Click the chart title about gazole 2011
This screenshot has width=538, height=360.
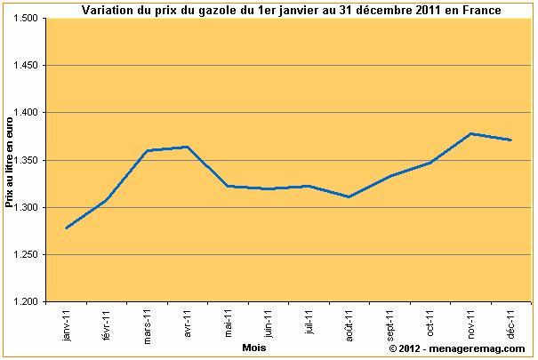tap(291, 10)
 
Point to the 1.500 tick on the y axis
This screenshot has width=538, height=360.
tap(28, 19)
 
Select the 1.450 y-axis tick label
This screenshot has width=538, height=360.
tap(28, 66)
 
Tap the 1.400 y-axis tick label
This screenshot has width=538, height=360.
tap(28, 113)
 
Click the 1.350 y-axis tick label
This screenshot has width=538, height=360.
tap(28, 160)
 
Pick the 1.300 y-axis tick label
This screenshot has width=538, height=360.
tap(28, 207)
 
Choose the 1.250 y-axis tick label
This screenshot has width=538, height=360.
tap(28, 254)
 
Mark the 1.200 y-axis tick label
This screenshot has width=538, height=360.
tap(28, 302)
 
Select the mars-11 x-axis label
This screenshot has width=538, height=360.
tap(147, 327)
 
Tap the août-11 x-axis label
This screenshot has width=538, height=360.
tap(349, 326)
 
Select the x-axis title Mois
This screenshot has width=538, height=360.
tap(254, 348)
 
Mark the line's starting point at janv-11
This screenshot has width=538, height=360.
tap(67, 228)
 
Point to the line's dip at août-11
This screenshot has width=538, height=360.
tap(349, 196)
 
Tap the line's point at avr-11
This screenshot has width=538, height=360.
tap(188, 147)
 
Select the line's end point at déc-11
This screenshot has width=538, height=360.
tap(510, 140)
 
